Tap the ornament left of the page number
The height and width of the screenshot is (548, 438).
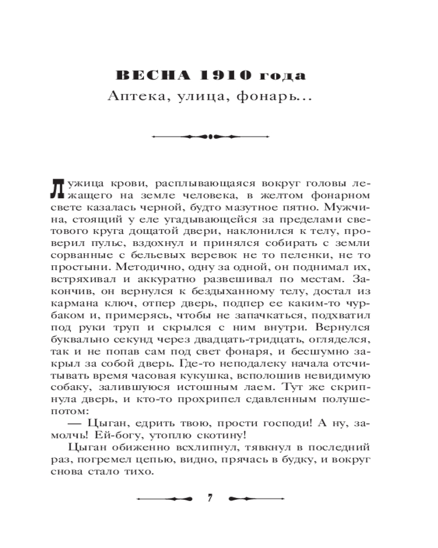tap(164, 498)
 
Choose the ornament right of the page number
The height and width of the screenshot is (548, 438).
tap(255, 498)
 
